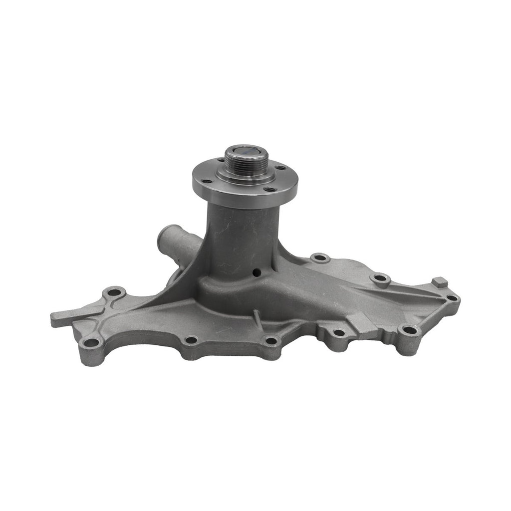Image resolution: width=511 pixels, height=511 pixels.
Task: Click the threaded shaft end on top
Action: point(246,161)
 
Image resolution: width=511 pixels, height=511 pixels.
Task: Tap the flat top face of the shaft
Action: point(247,150)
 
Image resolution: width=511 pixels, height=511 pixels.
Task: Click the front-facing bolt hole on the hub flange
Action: point(269,190)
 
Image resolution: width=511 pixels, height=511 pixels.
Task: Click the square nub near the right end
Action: point(440,282)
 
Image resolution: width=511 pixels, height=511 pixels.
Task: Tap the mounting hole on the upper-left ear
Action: point(114,291)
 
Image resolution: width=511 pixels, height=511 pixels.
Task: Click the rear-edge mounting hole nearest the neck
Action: point(320,258)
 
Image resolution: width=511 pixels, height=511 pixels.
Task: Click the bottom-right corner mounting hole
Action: point(409,330)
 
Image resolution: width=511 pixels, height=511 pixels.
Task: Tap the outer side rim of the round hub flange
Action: point(245,198)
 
